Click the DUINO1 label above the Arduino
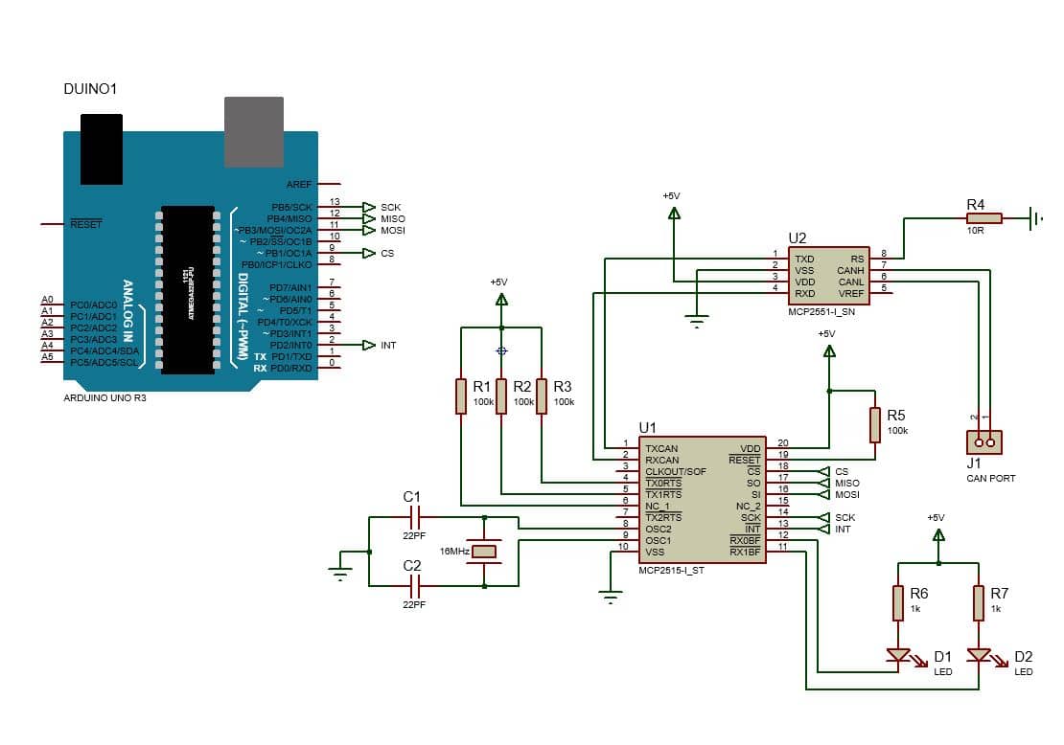point(91,89)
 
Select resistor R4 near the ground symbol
point(983,218)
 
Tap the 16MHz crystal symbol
point(485,551)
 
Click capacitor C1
point(414,518)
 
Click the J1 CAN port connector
point(984,441)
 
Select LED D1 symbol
point(898,656)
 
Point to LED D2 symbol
point(979,656)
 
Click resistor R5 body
point(874,425)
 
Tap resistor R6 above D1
point(898,603)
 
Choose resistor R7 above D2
point(979,603)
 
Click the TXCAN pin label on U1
point(661,448)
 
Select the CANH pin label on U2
point(850,270)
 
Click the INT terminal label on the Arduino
point(388,346)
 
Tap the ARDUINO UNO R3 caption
point(104,397)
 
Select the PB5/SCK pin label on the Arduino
point(291,207)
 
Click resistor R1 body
point(461,396)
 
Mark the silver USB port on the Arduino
point(253,131)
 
